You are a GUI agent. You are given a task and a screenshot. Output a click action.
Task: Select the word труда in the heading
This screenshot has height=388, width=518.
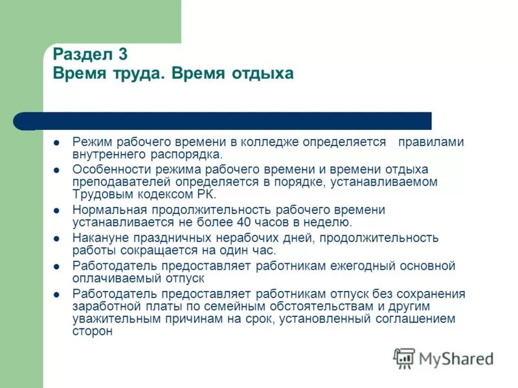(127, 73)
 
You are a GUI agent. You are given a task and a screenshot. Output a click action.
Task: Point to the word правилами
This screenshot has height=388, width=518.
(431, 142)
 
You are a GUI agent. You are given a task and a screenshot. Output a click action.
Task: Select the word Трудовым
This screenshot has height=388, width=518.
(98, 194)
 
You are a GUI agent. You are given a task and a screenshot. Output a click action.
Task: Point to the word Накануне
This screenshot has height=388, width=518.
(98, 238)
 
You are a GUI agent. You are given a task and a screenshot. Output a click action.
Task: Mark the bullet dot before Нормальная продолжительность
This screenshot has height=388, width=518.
(57, 211)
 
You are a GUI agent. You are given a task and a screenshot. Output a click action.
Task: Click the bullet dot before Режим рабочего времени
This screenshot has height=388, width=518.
(57, 142)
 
